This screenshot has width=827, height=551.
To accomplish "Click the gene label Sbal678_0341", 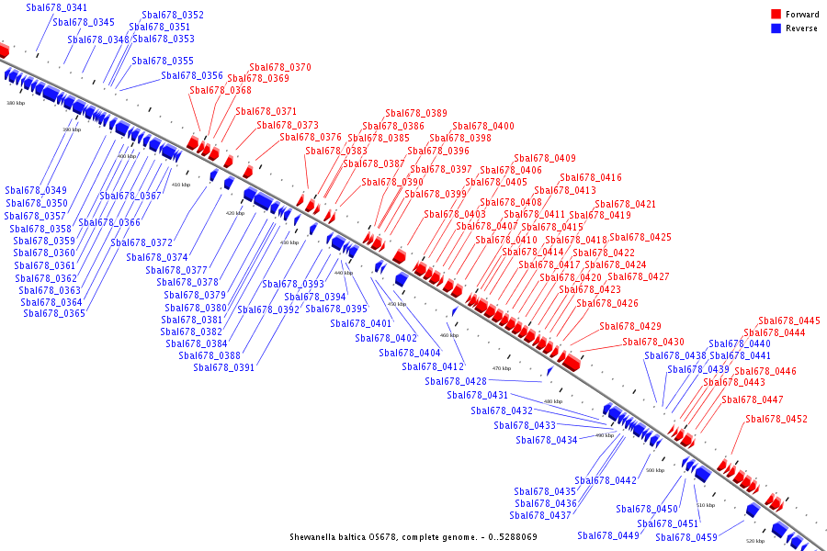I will pos(57,7).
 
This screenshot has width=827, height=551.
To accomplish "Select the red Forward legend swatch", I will pos(776,15).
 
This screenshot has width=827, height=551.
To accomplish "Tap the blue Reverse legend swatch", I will pos(776,28).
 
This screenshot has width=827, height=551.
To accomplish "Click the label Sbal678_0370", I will pos(280,67).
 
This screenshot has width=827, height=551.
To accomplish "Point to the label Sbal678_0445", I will pos(789,320).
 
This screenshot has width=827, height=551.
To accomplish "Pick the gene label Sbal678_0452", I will pos(776,419).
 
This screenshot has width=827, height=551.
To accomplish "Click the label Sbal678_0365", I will pos(54,313).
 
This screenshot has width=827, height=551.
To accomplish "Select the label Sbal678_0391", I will pos(224,367).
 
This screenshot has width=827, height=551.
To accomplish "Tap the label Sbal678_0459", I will pos(686,537).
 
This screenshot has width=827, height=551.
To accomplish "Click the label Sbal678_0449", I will pos(608,535).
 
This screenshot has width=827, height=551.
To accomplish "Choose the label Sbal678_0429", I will pos(630,326).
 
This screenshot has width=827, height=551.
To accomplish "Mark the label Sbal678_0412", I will pos(433,366).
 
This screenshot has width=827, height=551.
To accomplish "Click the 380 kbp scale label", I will pos(16,103).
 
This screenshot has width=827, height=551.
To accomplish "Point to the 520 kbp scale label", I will pos(754,541).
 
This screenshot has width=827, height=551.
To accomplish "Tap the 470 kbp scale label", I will pos(502,368).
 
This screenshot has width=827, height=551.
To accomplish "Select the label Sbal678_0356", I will pos(192,75).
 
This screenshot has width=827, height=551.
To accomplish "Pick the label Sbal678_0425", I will pos(640,237).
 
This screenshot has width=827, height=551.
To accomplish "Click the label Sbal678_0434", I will pos(547,440).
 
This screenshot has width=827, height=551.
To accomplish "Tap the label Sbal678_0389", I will pos(416,113).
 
